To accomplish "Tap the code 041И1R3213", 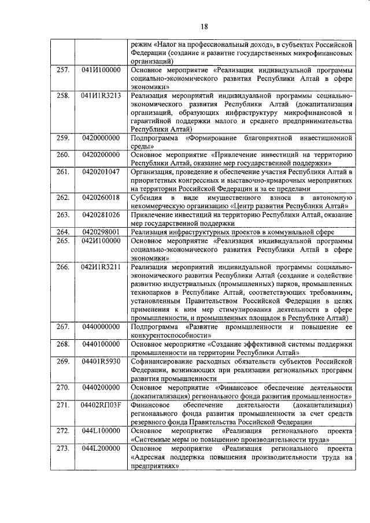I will [101, 95].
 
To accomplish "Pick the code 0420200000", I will [101, 154].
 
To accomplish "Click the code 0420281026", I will [101, 214].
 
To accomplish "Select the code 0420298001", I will [101, 232].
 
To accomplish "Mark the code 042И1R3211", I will [101, 266].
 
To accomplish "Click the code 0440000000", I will [101, 327].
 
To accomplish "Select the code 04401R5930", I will [101, 361].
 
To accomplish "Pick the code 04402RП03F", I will [101, 405].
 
